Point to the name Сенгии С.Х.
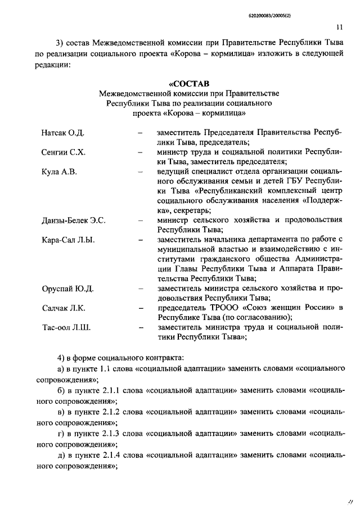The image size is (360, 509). click(63, 152)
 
